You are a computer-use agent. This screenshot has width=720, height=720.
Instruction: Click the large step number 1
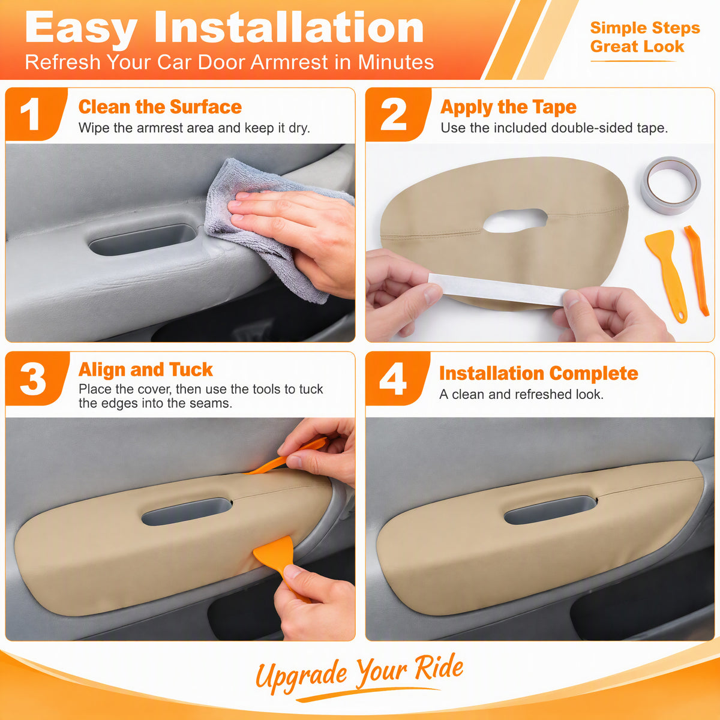pyautogui.click(x=31, y=114)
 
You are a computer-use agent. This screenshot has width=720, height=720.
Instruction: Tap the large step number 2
pyautogui.click(x=393, y=114)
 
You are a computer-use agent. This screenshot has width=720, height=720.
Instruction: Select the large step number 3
pyautogui.click(x=33, y=379)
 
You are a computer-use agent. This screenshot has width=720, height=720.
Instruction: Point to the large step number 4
pyautogui.click(x=392, y=379)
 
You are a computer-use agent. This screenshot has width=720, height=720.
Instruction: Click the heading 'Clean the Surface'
pyautogui.click(x=160, y=107)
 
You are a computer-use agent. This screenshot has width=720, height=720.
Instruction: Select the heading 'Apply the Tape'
pyautogui.click(x=508, y=107)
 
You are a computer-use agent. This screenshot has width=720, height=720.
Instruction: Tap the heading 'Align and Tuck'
pyautogui.click(x=145, y=370)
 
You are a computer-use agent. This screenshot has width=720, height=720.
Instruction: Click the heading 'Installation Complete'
pyautogui.click(x=538, y=373)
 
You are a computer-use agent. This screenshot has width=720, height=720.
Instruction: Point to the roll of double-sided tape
pyautogui.click(x=671, y=185)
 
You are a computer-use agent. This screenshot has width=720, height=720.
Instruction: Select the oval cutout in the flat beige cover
pyautogui.click(x=515, y=220)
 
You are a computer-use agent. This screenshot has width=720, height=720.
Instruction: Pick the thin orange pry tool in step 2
pyautogui.click(x=697, y=270)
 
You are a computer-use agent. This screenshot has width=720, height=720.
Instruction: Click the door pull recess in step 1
pyautogui.click(x=143, y=239)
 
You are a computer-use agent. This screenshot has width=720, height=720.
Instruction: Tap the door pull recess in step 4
pyautogui.click(x=550, y=510)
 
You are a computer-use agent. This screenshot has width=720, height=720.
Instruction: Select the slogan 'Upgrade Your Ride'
pyautogui.click(x=359, y=674)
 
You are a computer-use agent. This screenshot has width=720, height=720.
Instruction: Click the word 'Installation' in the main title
pyautogui.click(x=289, y=28)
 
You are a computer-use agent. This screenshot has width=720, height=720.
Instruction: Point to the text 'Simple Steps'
pyautogui.click(x=645, y=28)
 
